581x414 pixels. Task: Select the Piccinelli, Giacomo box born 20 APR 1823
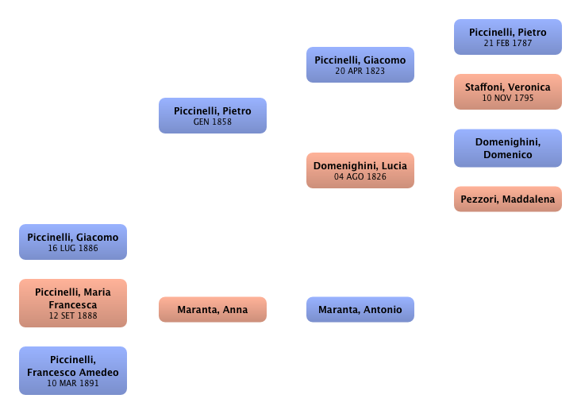coord(360,65)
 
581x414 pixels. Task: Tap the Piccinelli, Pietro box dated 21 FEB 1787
coord(507,37)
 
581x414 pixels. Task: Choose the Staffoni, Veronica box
coord(507,92)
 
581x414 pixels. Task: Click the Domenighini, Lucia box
coord(360,171)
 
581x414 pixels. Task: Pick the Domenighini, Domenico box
coord(507,148)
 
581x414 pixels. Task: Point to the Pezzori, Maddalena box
coord(507,199)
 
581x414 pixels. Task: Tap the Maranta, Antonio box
coord(360,310)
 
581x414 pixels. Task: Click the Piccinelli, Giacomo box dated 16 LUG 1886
coord(72,242)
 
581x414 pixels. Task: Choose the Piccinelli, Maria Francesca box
coord(72,304)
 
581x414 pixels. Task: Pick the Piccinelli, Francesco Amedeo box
coord(72,371)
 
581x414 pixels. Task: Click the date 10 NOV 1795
coord(508,99)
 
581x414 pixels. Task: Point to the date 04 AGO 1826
coord(360,176)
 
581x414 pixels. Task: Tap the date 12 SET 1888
coord(72,316)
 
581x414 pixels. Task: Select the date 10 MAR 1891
coord(72,384)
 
